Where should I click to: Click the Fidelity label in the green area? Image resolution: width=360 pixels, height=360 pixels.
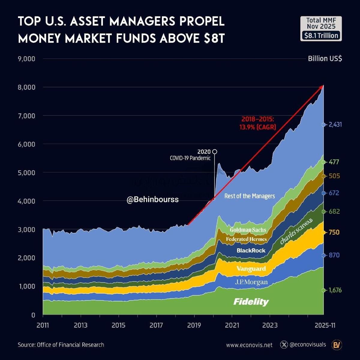point(251,302)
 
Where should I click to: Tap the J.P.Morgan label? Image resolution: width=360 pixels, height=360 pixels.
point(251,282)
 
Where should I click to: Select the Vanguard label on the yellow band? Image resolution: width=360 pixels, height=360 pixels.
point(251,268)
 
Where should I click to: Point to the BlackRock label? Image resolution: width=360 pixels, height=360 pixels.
point(251,250)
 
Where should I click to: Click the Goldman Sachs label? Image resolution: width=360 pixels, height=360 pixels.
point(248,230)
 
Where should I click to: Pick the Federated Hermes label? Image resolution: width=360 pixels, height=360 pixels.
point(246,239)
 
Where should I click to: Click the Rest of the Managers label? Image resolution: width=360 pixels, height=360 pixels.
point(250,196)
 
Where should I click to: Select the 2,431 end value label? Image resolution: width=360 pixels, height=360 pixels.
point(335,124)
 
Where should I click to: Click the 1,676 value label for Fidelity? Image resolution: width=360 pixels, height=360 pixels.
point(335,290)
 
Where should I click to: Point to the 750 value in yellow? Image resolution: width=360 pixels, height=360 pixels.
point(334,232)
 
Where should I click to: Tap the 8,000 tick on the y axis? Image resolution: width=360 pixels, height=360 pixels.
point(27,87)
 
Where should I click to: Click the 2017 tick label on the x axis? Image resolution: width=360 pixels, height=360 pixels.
point(156,325)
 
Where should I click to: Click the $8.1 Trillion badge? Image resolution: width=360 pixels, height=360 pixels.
point(321,35)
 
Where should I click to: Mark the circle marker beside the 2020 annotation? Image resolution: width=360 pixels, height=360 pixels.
point(214,151)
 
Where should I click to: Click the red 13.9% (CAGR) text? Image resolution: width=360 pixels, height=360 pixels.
point(257,127)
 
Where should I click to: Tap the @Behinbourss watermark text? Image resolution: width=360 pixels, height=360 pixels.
point(152,199)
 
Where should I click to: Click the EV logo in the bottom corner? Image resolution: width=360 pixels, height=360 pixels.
point(337,345)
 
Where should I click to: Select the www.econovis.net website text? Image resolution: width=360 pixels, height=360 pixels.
point(249,345)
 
